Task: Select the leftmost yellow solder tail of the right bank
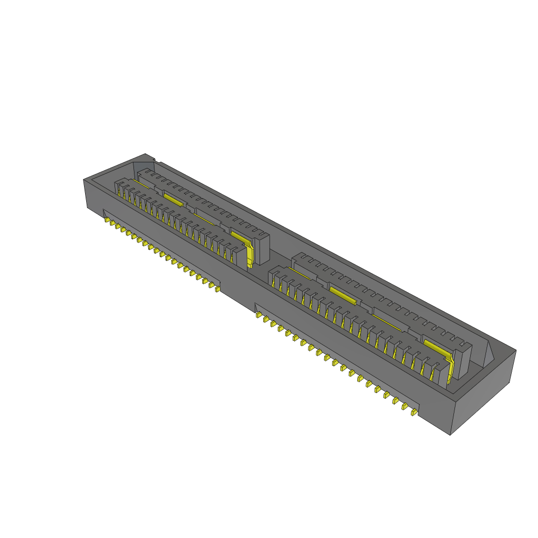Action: point(259,315)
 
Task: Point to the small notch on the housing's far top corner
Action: point(150,158)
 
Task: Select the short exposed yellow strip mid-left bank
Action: point(173,199)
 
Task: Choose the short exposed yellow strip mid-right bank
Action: point(343,295)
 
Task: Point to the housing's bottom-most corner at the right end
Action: point(451,435)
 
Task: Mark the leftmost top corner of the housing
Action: point(84,180)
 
